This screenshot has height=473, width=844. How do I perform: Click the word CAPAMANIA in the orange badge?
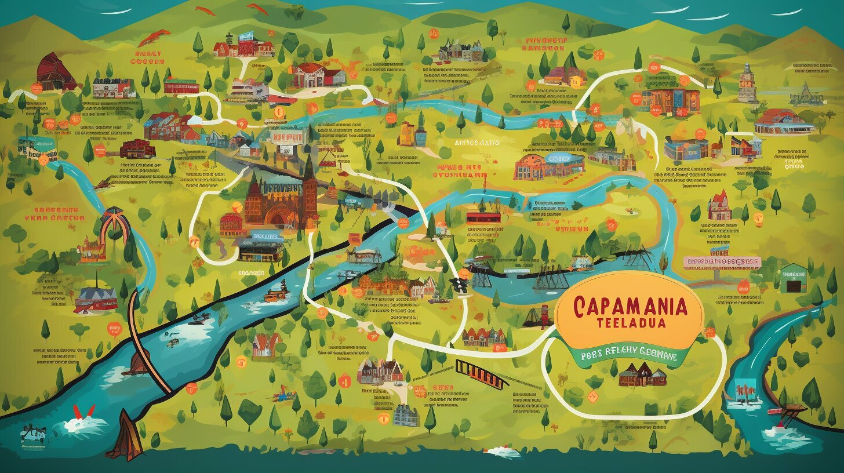click(628, 305)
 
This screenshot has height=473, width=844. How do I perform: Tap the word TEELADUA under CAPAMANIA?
click(628, 322)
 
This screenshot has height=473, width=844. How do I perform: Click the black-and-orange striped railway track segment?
click(481, 372)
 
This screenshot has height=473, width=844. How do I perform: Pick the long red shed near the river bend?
click(483, 217)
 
